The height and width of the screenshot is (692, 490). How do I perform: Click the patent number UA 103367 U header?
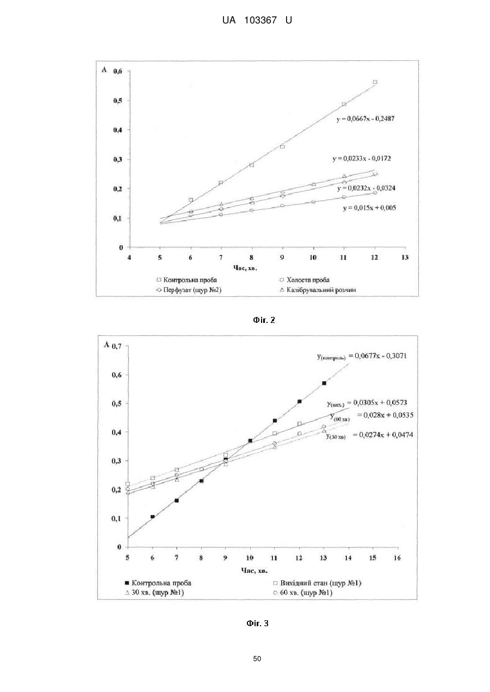257,21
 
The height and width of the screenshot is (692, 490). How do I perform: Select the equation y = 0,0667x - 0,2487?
365,119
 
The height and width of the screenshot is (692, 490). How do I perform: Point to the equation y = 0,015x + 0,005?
369,208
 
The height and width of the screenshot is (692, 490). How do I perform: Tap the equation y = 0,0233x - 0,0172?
362,159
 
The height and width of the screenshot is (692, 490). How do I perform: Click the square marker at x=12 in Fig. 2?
375,82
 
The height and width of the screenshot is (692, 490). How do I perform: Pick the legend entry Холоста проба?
305,280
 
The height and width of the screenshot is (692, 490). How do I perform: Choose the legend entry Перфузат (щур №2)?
189,290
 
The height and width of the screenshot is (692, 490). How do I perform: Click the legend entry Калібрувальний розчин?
318,290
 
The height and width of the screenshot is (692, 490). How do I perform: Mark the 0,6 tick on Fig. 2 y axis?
118,71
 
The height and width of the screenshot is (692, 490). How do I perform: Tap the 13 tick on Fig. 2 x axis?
405,257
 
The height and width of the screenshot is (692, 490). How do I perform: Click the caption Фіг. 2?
264,320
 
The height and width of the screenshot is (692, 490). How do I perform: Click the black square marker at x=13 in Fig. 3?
324,383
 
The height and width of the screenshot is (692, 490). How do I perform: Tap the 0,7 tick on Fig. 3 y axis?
116,346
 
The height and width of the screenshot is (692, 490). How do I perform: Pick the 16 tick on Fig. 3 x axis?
397,558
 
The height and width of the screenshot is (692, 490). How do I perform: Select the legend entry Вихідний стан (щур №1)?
318,583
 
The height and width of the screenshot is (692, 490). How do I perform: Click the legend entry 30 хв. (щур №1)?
154,593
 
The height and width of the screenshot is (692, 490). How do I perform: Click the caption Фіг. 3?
258,624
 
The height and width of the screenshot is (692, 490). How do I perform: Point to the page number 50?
257,659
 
